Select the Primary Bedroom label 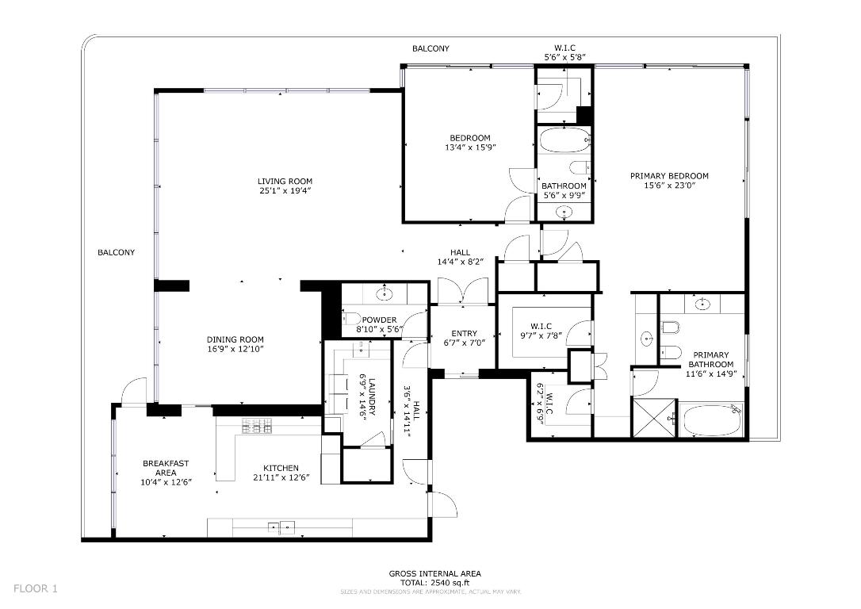(669, 176)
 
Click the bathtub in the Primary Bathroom (711, 420)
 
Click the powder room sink (385, 296)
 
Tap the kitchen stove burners (257, 426)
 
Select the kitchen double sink (280, 527)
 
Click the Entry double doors (464, 291)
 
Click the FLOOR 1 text (36, 588)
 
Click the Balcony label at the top (430, 49)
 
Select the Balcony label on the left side (116, 252)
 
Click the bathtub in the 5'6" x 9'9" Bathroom (564, 142)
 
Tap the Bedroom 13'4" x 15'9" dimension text (470, 147)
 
